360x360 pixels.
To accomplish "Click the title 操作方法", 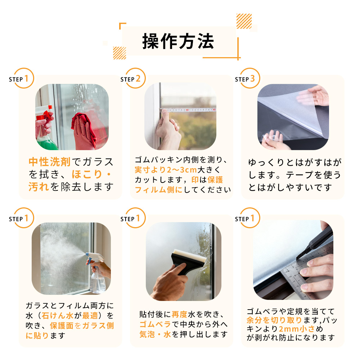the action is pyautogui.click(x=178, y=41).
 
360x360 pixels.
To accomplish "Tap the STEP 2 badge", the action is pyautogui.click(x=133, y=78).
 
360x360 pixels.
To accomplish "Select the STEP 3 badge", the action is pyautogui.click(x=248, y=78).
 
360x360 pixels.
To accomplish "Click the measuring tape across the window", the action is pyautogui.click(x=188, y=110).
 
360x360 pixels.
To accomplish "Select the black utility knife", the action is pyautogui.click(x=315, y=243).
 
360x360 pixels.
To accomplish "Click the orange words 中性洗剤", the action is pyautogui.click(x=50, y=162).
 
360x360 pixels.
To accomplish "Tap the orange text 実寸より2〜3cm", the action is pyautogui.click(x=166, y=170).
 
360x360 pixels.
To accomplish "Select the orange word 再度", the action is pyautogui.click(x=180, y=314).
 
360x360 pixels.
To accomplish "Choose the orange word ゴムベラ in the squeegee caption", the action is pyautogui.click(x=155, y=324).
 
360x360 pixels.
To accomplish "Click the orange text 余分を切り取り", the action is pyautogui.click(x=274, y=320).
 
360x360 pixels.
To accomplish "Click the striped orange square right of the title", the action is pyautogui.click(x=244, y=21).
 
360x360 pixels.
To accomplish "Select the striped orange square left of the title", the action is pyautogui.click(x=120, y=53).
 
